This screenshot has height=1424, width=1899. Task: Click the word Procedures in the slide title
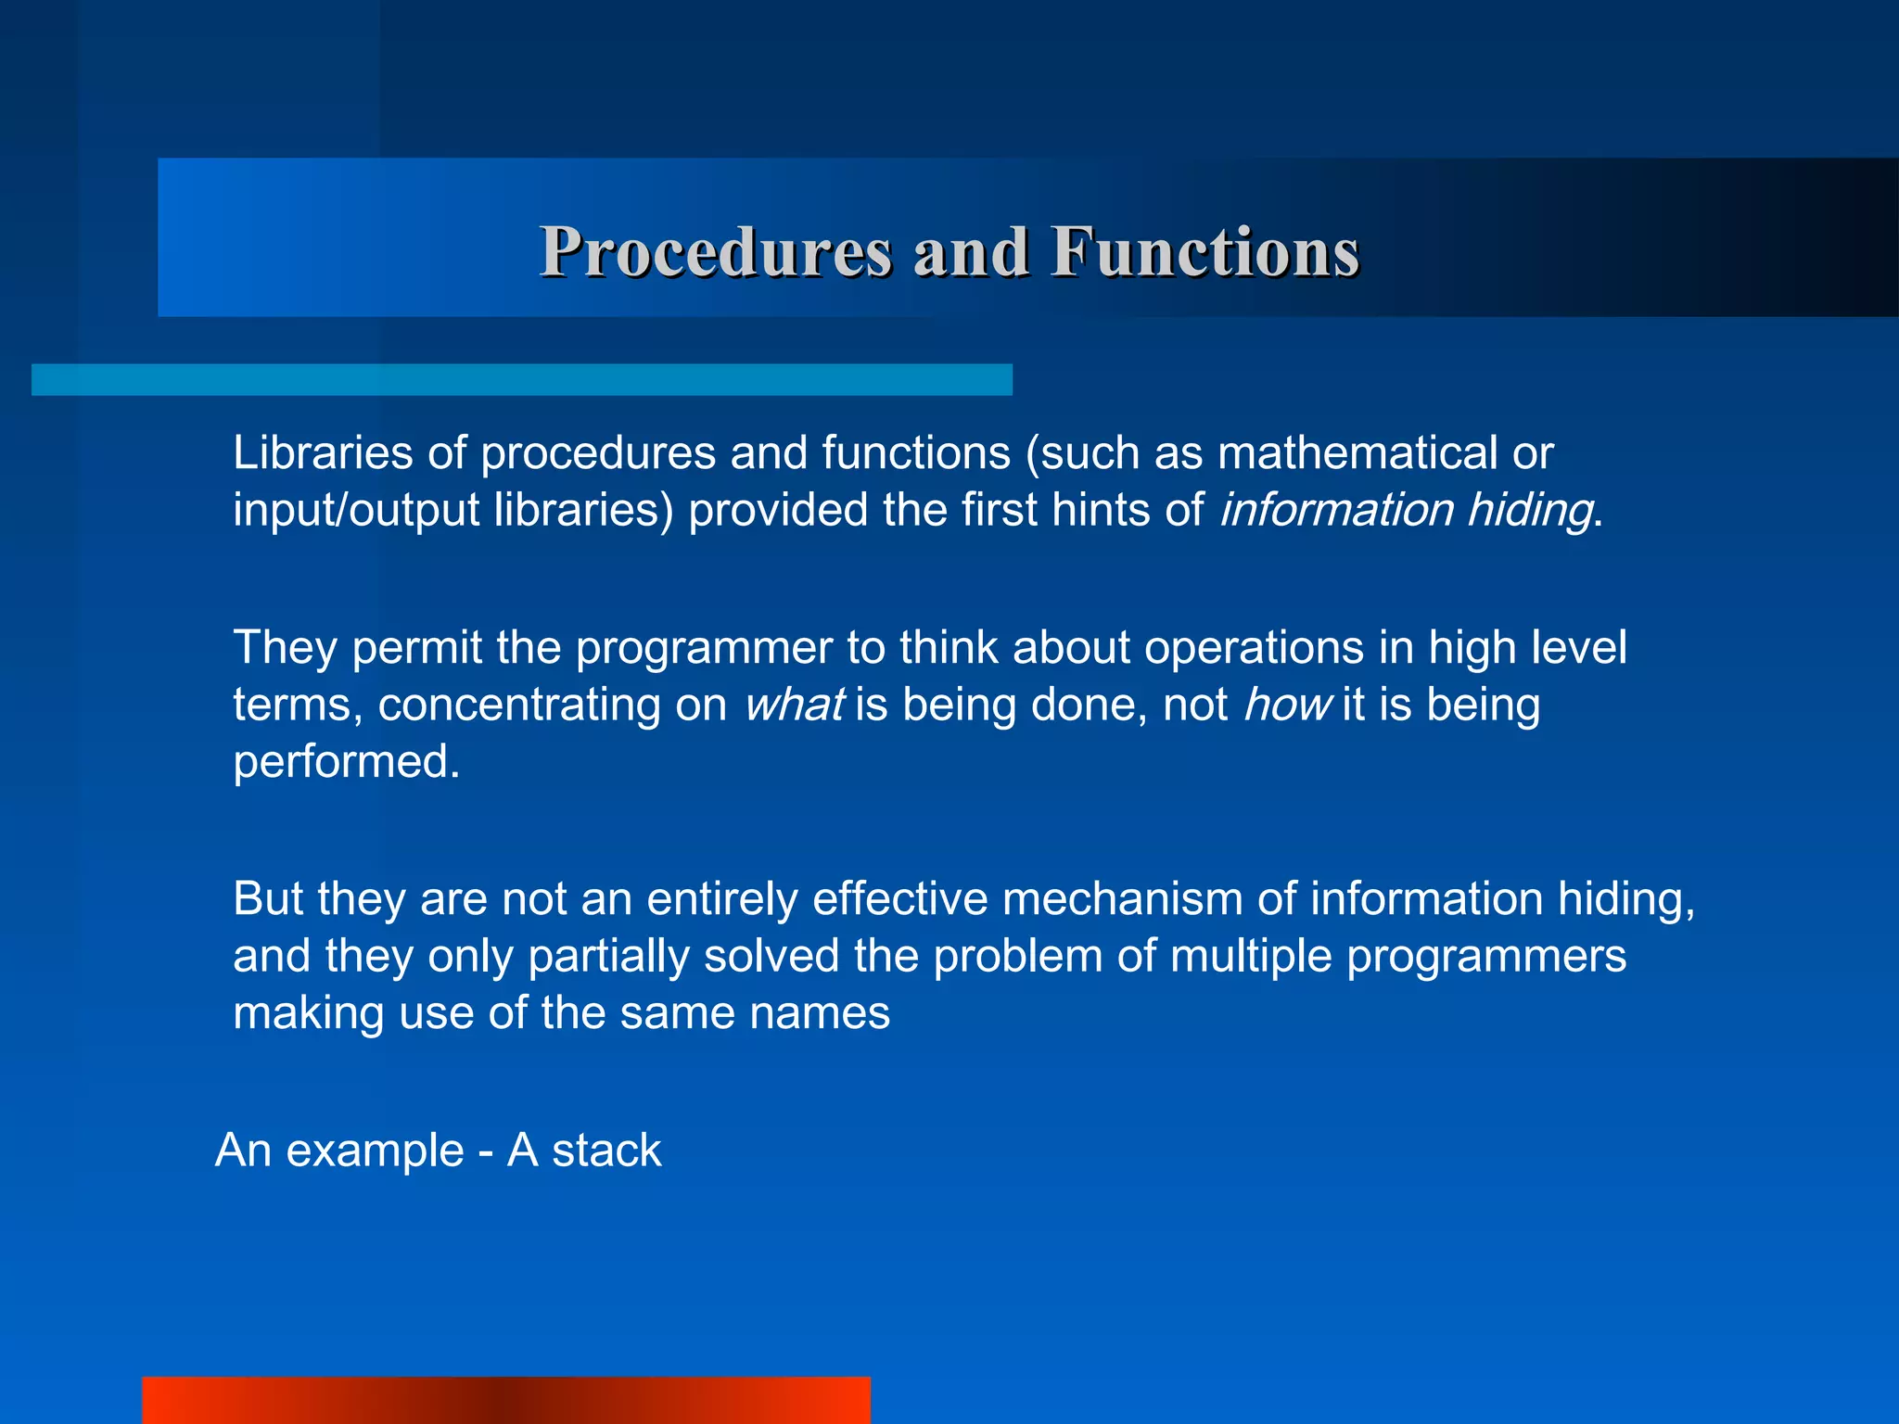pyautogui.click(x=716, y=252)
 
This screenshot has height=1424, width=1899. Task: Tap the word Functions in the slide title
pyautogui.click(x=1204, y=252)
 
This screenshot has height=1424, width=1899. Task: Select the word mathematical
pyautogui.click(x=1357, y=453)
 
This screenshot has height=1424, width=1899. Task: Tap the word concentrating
pyautogui.click(x=518, y=706)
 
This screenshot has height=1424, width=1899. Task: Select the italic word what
pyautogui.click(x=794, y=705)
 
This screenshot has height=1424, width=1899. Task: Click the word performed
pyautogui.click(x=346, y=762)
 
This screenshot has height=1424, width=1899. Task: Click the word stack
pyautogui.click(x=606, y=1151)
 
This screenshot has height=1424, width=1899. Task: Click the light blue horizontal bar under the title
pyautogui.click(x=522, y=380)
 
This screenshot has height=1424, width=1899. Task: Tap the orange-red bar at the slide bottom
pyautogui.click(x=506, y=1400)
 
